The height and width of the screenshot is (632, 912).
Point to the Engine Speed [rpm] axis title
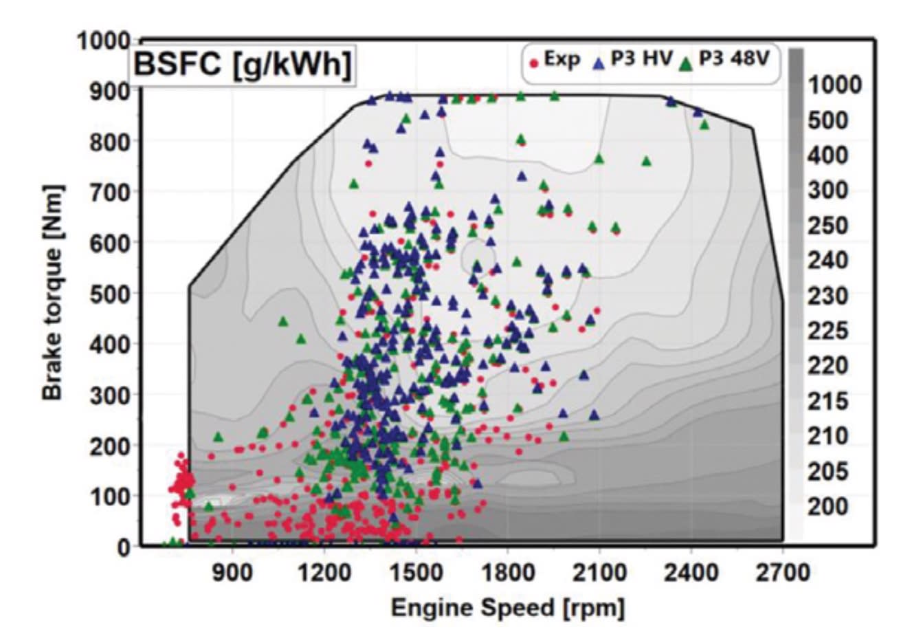508,609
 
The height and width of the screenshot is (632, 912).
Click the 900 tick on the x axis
234,573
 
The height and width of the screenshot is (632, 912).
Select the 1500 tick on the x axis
416,573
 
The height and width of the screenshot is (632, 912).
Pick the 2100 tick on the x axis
599,573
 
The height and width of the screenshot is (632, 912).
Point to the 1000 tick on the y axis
104,41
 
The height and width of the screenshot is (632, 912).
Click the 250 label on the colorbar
828,226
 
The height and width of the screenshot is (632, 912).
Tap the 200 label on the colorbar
828,507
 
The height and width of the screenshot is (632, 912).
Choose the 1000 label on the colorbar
834,85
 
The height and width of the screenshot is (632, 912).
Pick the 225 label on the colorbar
828,331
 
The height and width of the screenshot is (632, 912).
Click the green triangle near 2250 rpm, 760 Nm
646,162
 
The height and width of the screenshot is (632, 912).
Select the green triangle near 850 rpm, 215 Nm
219,437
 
